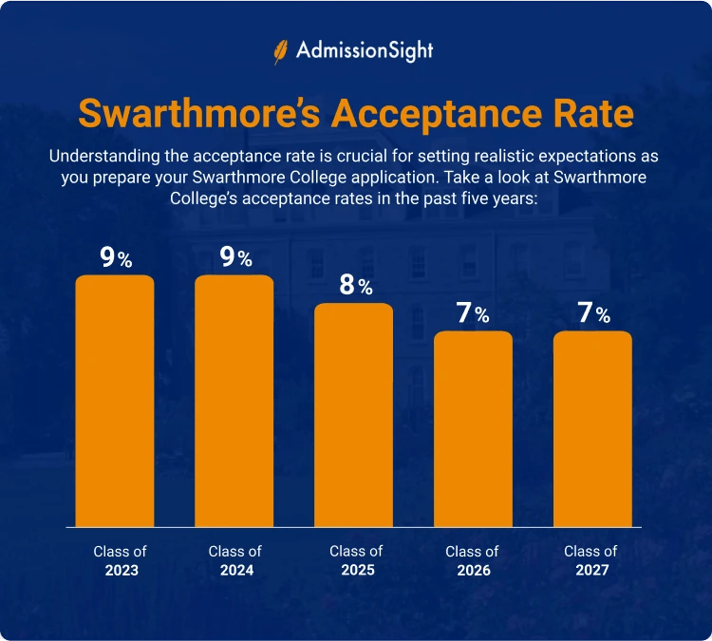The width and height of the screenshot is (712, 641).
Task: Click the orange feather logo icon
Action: [281, 50]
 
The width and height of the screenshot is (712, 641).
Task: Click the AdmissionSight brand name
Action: [365, 50]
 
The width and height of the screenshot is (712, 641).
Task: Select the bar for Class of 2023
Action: [115, 400]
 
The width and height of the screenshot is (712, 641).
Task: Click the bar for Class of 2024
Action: [234, 400]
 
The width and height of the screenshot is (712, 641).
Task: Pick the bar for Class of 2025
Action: [354, 414]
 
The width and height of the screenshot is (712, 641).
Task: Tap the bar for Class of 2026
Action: [474, 428]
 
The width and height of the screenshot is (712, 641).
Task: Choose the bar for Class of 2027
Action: [592, 428]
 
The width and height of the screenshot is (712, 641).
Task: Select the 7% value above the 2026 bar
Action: [474, 313]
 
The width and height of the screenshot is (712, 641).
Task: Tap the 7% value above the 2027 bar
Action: [593, 313]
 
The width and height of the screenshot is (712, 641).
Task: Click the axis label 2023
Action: [120, 571]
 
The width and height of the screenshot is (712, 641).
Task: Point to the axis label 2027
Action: [590, 571]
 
